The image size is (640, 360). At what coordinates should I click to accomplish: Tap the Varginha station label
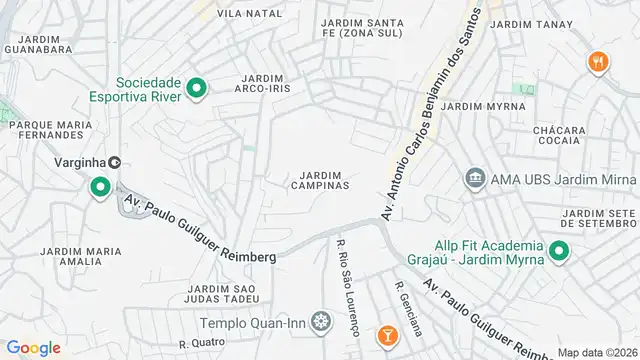[x=81, y=162]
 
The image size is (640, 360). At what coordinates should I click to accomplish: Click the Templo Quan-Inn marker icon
[x=320, y=322]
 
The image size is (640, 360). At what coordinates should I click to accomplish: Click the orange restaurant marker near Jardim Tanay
[x=599, y=61]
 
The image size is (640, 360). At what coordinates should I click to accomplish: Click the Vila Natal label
[x=249, y=13]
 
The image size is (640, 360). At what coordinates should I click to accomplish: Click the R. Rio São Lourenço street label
[x=347, y=286]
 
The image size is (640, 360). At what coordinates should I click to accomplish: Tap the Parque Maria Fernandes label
[x=45, y=131]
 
